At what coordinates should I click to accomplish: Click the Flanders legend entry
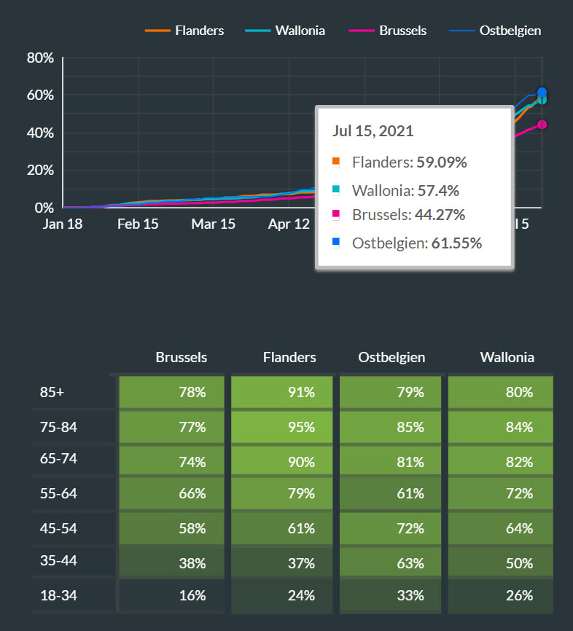click(x=199, y=31)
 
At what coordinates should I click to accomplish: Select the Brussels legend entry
click(x=402, y=31)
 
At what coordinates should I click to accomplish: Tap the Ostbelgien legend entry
click(x=510, y=31)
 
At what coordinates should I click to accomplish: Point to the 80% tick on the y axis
click(x=41, y=58)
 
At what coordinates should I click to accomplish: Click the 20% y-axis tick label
click(x=41, y=171)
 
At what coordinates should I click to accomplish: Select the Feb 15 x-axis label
click(x=138, y=224)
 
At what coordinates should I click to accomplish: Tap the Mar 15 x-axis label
click(x=214, y=224)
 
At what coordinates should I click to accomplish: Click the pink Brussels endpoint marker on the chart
click(x=542, y=125)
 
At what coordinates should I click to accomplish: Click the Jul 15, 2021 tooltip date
click(x=373, y=132)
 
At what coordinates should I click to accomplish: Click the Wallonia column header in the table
click(x=507, y=357)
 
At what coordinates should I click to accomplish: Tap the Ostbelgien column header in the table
click(x=391, y=357)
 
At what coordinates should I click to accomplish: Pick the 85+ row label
click(x=52, y=392)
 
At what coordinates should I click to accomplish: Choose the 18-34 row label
click(x=58, y=595)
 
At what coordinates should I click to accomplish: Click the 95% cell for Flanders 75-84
click(x=283, y=427)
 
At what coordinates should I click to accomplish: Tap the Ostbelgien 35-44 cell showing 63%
click(x=391, y=563)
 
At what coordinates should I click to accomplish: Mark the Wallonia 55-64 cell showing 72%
click(x=500, y=494)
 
